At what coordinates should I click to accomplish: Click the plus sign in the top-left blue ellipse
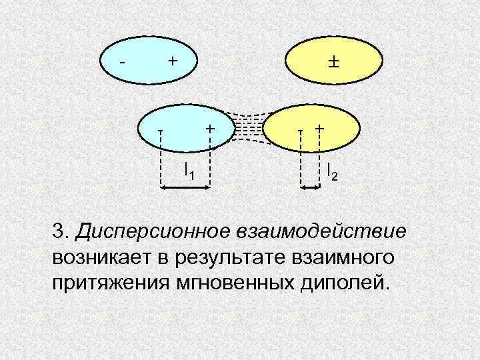[x=172, y=61]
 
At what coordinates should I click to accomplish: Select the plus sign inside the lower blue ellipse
[x=210, y=127]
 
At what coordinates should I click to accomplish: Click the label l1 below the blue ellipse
[x=189, y=171]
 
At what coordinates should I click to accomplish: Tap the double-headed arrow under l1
[x=186, y=189]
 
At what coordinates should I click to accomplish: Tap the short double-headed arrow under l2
[x=310, y=189]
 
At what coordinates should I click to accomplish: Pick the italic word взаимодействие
[x=320, y=233]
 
